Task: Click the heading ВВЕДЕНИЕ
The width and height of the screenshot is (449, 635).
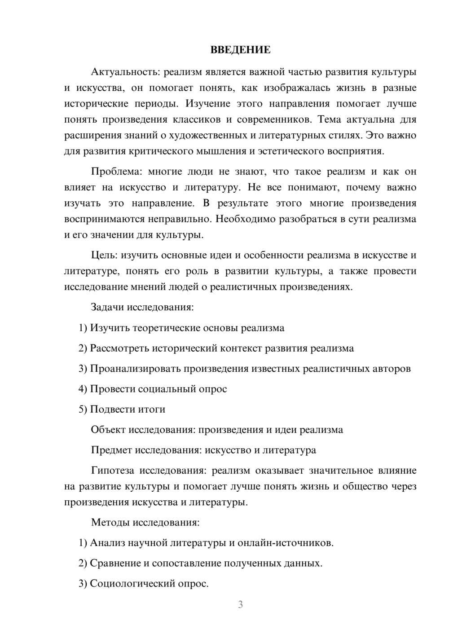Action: (240, 50)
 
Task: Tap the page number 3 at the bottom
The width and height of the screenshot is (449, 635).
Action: (240, 604)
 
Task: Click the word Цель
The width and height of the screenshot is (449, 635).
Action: (104, 256)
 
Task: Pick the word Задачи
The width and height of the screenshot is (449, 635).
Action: (107, 308)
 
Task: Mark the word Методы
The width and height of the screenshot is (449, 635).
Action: (110, 522)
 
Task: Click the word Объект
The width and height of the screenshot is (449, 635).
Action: (108, 430)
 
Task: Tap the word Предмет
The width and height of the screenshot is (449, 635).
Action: (111, 450)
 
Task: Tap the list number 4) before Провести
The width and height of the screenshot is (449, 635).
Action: (83, 389)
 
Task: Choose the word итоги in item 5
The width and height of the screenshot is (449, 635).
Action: (152, 409)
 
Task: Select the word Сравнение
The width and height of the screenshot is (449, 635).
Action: (115, 563)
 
